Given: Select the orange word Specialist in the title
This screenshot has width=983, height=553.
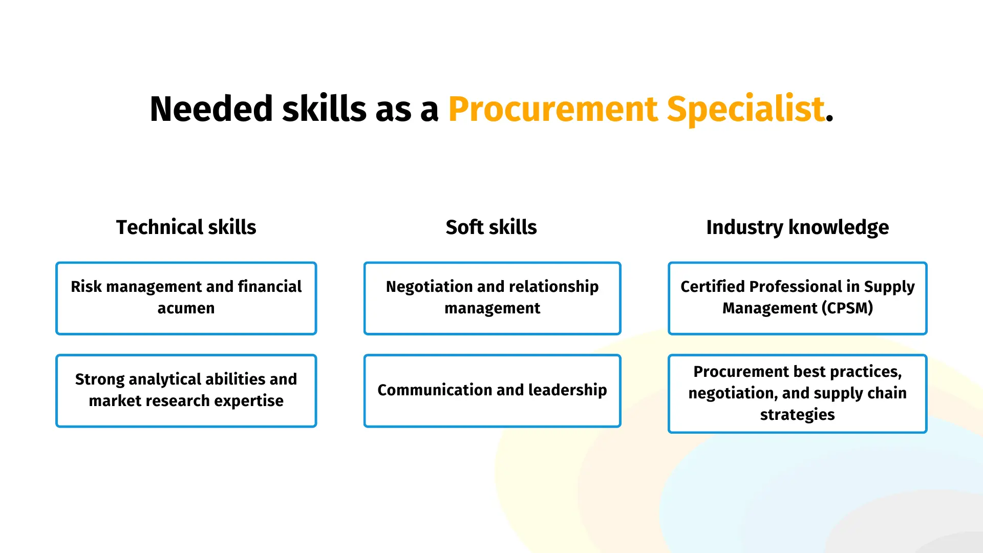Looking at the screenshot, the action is (746, 110).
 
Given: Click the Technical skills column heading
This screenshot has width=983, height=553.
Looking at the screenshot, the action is (186, 227).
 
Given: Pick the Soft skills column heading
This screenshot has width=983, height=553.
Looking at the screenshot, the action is (491, 227).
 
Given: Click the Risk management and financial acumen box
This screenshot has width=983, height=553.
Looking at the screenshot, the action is (186, 299).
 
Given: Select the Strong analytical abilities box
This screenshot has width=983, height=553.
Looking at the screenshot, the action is (186, 391).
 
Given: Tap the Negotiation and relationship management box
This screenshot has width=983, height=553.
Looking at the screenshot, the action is (492, 299).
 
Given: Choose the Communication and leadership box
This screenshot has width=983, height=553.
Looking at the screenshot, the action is (492, 391).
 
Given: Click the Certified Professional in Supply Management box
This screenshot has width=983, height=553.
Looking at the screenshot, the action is (797, 299).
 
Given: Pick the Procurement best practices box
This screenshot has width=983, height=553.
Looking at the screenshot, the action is (797, 394).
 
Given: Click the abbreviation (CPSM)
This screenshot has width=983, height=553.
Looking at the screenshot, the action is (847, 308).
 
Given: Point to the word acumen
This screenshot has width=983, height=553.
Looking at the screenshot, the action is (186, 309).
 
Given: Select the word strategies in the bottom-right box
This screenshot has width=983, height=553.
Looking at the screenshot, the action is (797, 415).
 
